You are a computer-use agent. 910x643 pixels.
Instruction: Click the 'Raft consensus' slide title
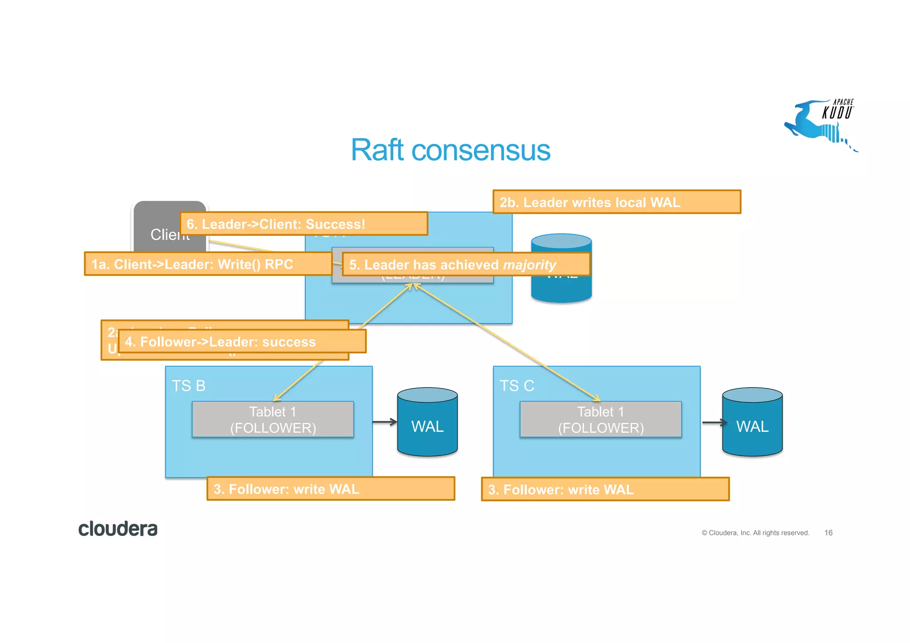(450, 150)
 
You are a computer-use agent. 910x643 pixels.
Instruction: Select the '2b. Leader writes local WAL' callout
(616, 202)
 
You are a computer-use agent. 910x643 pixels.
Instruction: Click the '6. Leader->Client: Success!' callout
(303, 224)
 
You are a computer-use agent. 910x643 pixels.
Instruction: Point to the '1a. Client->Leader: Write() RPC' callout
(208, 264)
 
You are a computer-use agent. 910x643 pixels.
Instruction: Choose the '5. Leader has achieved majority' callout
(466, 264)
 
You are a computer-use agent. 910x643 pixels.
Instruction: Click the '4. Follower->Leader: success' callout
(242, 342)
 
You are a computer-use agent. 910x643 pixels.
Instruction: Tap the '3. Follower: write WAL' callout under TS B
(330, 489)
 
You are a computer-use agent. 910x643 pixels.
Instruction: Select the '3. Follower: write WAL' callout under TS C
(605, 489)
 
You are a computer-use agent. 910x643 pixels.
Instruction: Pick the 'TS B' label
(188, 386)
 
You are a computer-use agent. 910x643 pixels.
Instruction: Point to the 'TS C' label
(516, 386)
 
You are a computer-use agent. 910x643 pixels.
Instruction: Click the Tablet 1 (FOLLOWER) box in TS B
(272, 419)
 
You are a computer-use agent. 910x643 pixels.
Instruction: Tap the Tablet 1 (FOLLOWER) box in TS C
(600, 419)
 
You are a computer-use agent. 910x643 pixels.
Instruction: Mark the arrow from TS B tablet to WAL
(384, 422)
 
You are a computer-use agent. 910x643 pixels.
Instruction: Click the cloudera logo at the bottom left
(118, 529)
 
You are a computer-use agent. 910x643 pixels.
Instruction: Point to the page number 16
(828, 533)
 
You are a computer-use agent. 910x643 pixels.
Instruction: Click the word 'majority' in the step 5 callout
(529, 265)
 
